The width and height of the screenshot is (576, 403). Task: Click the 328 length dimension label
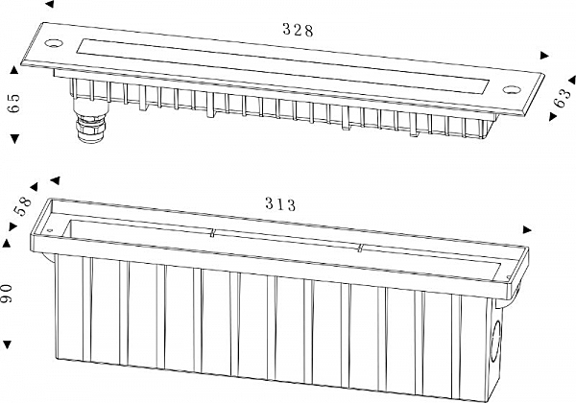tap(298, 30)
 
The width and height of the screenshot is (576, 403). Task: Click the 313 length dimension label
tap(280, 204)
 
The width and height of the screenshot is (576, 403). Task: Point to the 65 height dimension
tap(14, 103)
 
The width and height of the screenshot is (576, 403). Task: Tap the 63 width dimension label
tap(562, 98)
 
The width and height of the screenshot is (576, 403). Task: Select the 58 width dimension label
tap(23, 206)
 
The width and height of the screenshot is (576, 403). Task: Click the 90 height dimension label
tap(7, 294)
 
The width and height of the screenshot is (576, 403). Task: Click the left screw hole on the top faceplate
tap(54, 42)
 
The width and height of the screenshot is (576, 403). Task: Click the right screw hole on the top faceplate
tap(512, 89)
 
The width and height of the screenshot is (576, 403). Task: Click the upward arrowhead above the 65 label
tap(14, 70)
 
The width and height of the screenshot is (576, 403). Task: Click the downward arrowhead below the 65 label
tap(14, 138)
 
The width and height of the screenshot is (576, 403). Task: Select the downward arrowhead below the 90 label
tap(7, 344)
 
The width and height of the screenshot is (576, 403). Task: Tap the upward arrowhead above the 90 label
tap(7, 244)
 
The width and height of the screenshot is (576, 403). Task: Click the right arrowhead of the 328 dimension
tap(544, 56)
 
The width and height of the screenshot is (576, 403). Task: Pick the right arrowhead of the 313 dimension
tap(527, 229)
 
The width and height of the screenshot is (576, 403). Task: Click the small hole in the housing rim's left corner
tap(51, 230)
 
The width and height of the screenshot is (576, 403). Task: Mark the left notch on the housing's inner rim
tap(212, 233)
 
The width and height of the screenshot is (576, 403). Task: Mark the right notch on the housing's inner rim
tap(360, 248)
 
